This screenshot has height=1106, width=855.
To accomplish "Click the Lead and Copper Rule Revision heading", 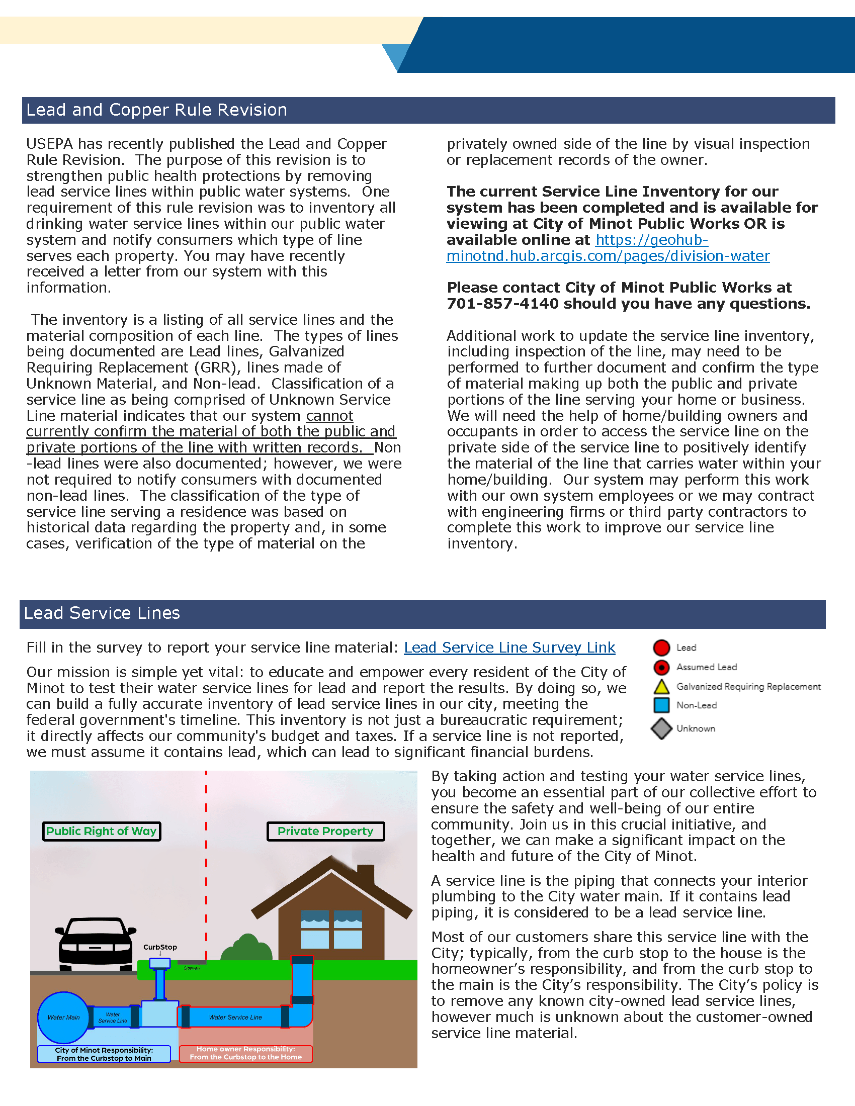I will pyautogui.click(x=156, y=110).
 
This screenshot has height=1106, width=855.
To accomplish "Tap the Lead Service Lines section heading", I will pyautogui.click(x=102, y=613).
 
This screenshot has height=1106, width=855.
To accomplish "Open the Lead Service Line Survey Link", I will pyautogui.click(x=509, y=648).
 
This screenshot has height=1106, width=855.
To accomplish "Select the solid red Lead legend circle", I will pyautogui.click(x=661, y=648).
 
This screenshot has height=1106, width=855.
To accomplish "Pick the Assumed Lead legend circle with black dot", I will pyautogui.click(x=661, y=668).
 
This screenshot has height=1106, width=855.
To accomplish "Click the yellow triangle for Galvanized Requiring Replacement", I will pyautogui.click(x=661, y=687).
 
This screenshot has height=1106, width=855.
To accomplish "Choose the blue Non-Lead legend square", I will pyautogui.click(x=661, y=705).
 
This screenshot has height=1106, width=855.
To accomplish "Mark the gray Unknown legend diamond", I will pyautogui.click(x=661, y=729).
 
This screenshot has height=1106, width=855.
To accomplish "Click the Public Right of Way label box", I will pyautogui.click(x=101, y=831).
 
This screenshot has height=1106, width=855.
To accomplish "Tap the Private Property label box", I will pyautogui.click(x=326, y=831).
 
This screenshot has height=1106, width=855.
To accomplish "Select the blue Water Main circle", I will pyautogui.click(x=63, y=1017).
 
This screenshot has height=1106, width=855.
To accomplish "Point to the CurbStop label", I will pyautogui.click(x=160, y=947).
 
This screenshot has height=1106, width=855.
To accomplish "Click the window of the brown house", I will pyautogui.click(x=331, y=929).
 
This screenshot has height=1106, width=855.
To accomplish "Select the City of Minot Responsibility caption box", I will pyautogui.click(x=104, y=1054).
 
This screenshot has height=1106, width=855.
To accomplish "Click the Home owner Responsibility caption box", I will pyautogui.click(x=245, y=1053).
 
